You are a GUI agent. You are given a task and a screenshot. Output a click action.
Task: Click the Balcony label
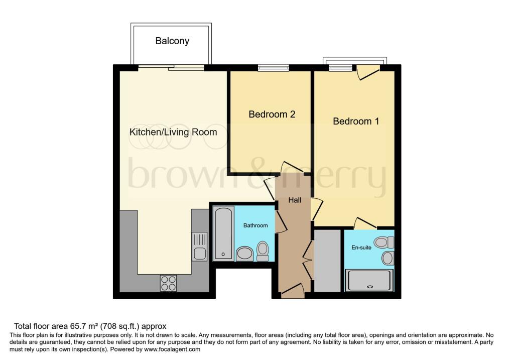point(172,41)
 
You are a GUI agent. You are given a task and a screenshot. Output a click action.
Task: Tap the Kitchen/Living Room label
point(173,132)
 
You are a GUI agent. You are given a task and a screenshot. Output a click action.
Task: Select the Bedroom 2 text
point(272,114)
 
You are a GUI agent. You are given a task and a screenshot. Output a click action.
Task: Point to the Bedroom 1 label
point(356,122)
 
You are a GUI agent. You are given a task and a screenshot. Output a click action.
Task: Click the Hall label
point(295,200)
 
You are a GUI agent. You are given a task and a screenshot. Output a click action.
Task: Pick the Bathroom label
point(255,225)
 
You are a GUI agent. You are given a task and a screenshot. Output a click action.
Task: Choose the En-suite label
point(361,248)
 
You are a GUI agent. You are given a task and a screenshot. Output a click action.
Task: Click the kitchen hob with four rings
point(169,283)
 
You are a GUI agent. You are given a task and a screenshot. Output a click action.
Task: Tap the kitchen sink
point(199,246)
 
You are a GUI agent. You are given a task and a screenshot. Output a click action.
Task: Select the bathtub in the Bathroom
point(223,233)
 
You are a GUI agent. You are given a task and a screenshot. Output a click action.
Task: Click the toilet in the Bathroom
point(263,252)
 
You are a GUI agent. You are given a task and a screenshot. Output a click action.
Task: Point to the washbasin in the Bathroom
point(244,254)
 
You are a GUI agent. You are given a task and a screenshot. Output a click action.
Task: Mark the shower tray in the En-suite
point(369,280)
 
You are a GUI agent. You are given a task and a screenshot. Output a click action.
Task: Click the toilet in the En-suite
point(384,243)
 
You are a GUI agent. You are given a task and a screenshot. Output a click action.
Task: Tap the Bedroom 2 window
point(274,68)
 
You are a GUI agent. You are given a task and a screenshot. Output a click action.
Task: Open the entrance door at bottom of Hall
point(293,291)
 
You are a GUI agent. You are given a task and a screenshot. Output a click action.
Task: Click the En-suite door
point(365,223)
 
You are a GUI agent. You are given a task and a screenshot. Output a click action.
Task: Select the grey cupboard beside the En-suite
point(327,261)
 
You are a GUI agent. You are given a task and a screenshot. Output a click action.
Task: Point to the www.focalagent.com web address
point(172,349)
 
